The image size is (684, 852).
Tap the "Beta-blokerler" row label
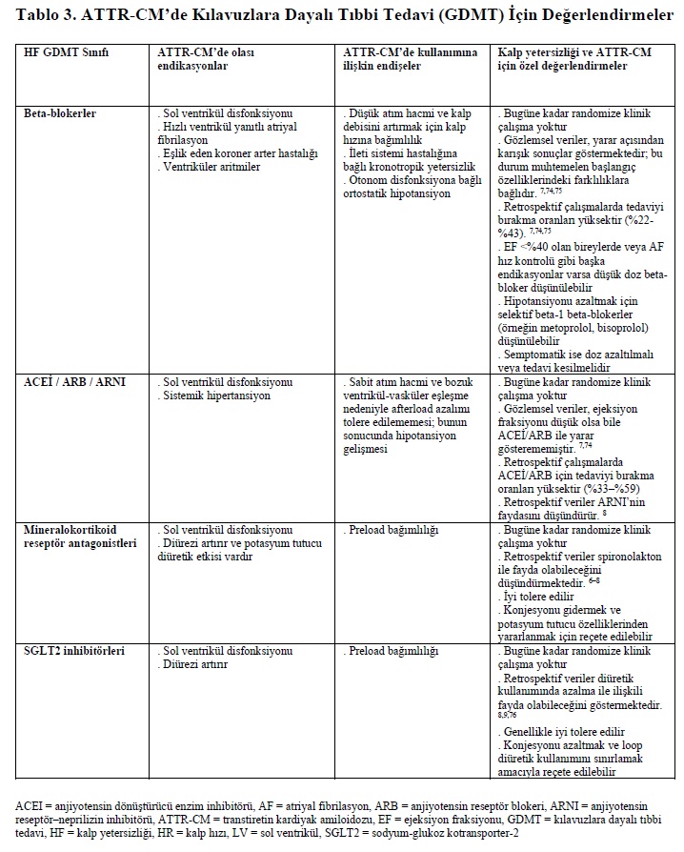pyautogui.click(x=59, y=113)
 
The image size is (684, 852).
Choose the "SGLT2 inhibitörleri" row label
pyautogui.click(x=73, y=651)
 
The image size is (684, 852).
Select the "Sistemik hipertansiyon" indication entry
pyautogui.click(x=217, y=394)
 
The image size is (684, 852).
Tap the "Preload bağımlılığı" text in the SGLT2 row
pyautogui.click(x=393, y=651)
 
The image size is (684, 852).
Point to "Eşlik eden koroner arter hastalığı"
pyautogui.click(x=238, y=153)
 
